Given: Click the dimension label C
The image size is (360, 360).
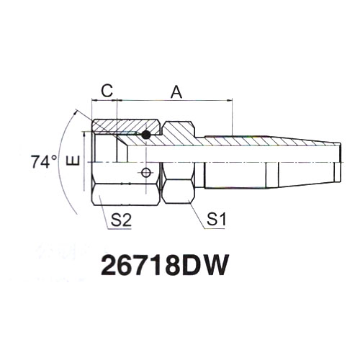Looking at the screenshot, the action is pos(107,91).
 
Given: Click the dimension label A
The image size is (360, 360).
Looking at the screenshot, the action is pos(176,93).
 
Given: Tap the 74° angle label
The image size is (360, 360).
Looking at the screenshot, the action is pos(44,162).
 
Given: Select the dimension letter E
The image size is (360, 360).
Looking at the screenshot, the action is pos(73,161).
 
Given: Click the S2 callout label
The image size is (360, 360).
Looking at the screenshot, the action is pos(121,220).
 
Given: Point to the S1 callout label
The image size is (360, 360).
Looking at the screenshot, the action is pos(216,220).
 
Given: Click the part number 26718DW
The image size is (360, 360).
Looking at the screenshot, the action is pos(163,265).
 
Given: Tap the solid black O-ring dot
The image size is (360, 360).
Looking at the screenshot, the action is pos(145,135).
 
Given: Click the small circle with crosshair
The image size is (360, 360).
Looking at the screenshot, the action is pos(146,173).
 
